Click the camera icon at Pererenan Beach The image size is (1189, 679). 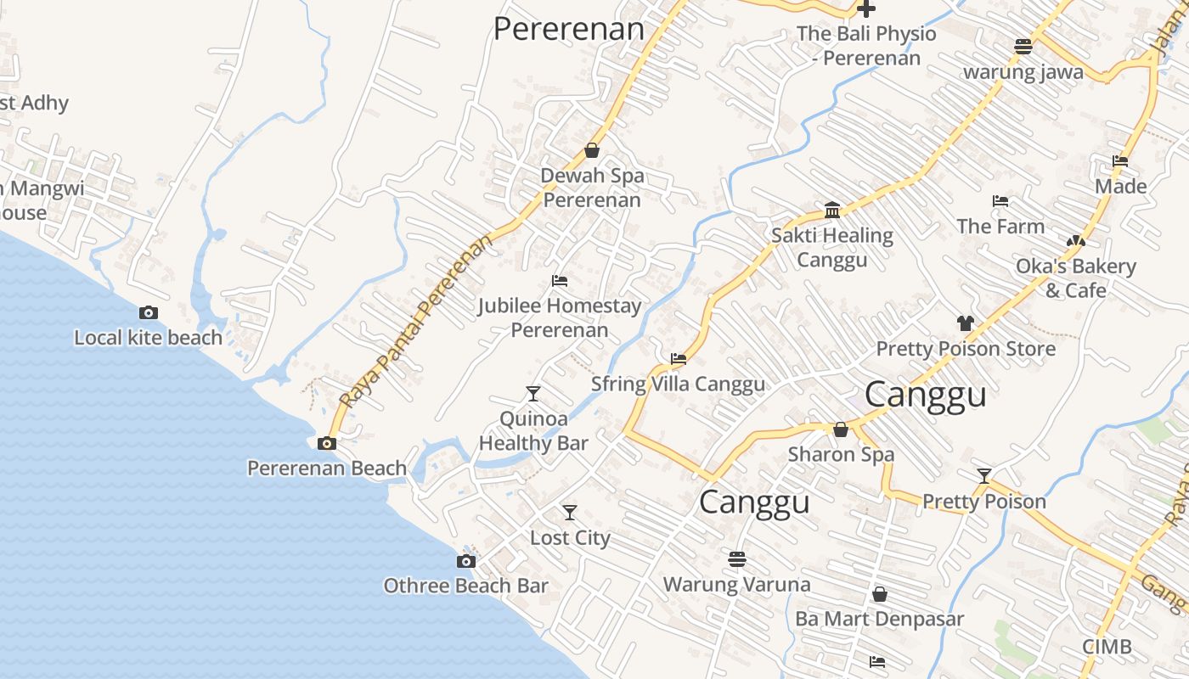click(326, 443)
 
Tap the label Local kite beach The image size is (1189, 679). click(148, 337)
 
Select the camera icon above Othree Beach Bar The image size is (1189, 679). click(465, 561)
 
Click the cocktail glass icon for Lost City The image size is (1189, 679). click(570, 513)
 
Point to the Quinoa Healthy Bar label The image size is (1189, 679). click(533, 430)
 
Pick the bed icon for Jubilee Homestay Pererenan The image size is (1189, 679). click(559, 280)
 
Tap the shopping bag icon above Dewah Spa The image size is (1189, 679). click(592, 151)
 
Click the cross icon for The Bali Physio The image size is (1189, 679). click(865, 9)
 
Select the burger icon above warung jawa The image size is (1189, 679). click(1023, 47)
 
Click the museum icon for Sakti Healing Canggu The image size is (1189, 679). click(832, 210)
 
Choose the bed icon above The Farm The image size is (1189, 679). click(1000, 201)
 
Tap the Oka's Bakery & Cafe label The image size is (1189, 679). click(1076, 278)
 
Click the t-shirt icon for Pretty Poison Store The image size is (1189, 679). click(965, 323)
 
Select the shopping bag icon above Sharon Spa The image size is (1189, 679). click(841, 429)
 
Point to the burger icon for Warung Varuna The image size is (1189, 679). click(736, 559)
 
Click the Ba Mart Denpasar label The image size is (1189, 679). click(879, 619)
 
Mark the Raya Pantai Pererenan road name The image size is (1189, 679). click(416, 322)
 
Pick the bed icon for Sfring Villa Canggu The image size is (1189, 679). click(678, 359)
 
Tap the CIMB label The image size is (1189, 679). click(1107, 647)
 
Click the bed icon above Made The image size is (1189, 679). click(1119, 161)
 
